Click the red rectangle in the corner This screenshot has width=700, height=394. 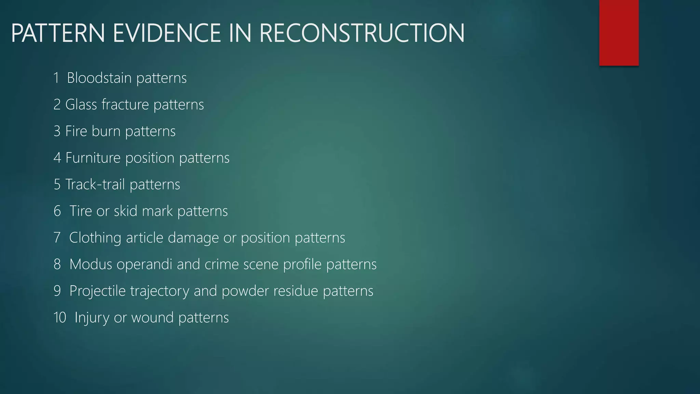pos(619,32)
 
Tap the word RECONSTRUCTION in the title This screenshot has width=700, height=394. pos(362,33)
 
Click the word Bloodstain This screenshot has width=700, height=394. pos(99,78)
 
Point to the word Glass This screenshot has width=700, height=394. pos(81,105)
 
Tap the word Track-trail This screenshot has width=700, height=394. pos(95,185)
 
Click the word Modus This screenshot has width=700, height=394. pos(91,264)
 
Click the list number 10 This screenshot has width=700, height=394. pos(60,318)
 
